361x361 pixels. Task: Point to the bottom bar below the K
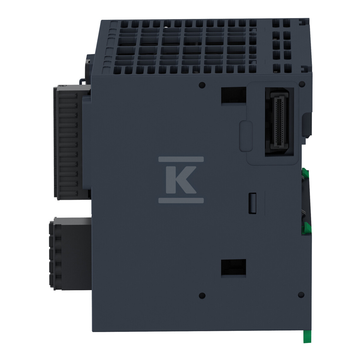pyautogui.click(x=181, y=200)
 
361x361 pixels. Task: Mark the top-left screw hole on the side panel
pyautogui.click(x=202, y=85)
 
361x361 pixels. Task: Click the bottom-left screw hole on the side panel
pyautogui.click(x=202, y=295)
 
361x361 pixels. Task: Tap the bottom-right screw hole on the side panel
pyautogui.click(x=300, y=295)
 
